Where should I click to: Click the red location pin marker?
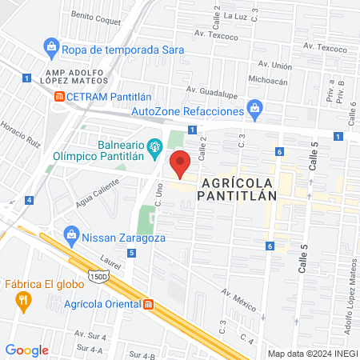pyautogui.click(x=181, y=163)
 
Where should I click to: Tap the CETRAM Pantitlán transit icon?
pyautogui.click(x=58, y=96)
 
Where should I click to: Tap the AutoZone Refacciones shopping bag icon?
pyautogui.click(x=254, y=106)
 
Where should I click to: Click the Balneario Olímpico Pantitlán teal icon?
pyautogui.click(x=156, y=146)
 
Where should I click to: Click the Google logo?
pyautogui.click(x=26, y=350)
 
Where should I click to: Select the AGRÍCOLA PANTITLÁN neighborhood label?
pyautogui.click(x=237, y=186)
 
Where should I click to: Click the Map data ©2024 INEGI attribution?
pyautogui.click(x=312, y=354)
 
